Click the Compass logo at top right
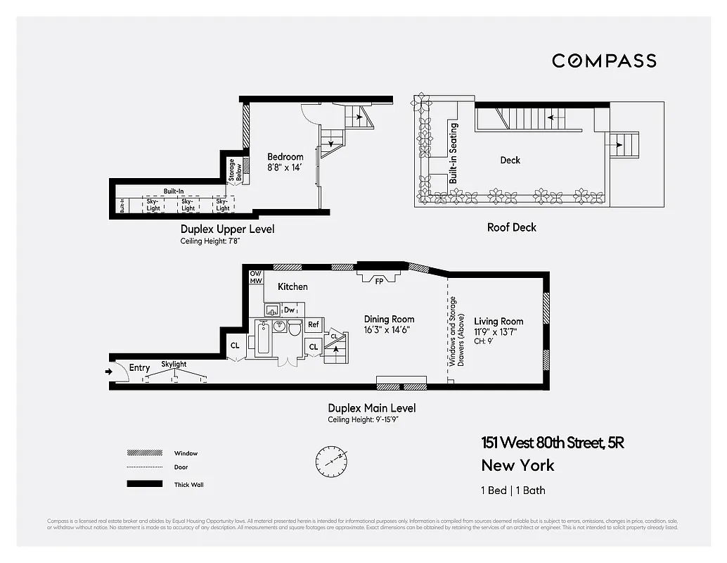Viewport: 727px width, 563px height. point(604,61)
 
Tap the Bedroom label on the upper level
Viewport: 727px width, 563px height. point(285,157)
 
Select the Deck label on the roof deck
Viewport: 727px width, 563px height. point(510,160)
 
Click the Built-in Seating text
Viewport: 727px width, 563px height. point(453,153)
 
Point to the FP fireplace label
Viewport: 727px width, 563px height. point(379,280)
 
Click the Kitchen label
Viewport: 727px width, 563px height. point(292,287)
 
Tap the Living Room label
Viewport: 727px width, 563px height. point(498,322)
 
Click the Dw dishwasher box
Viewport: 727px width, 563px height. point(290,310)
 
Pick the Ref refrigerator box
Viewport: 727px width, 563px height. point(314,325)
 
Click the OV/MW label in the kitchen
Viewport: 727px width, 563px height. point(255,277)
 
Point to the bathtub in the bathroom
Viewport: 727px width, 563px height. point(262,339)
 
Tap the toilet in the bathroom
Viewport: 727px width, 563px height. point(295,328)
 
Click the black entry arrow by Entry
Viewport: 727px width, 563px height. point(108,372)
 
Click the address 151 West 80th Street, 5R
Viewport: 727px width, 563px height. point(553,443)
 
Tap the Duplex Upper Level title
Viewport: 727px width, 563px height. point(227,229)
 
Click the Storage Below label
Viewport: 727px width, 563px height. point(235,170)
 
